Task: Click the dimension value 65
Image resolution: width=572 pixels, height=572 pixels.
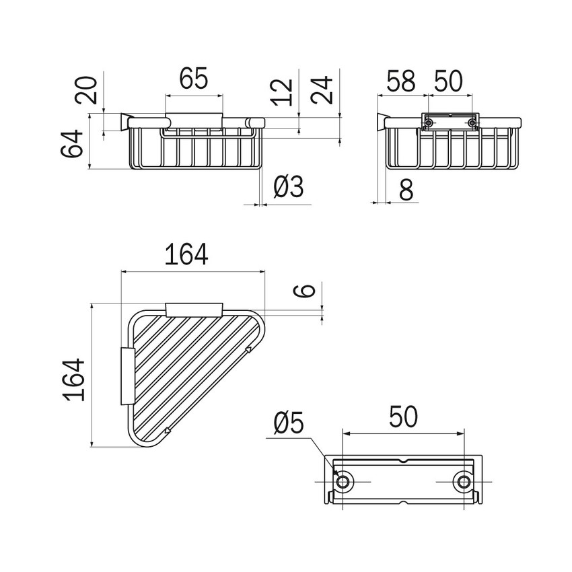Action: [x=193, y=79]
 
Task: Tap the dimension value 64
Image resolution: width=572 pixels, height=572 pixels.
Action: [x=75, y=143]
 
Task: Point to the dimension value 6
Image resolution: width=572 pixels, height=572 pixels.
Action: [x=306, y=291]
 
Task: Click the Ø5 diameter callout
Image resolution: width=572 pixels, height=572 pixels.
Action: [x=289, y=424]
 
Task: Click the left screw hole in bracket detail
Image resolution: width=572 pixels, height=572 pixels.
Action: [x=344, y=482]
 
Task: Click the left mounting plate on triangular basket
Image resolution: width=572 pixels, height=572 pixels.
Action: [x=127, y=376]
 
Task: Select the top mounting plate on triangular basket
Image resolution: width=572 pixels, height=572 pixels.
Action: [x=194, y=309]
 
